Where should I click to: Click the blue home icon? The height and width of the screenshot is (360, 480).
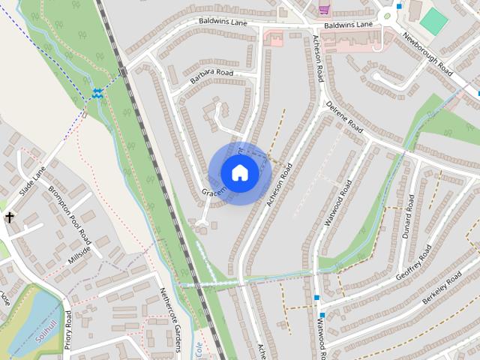(239, 173)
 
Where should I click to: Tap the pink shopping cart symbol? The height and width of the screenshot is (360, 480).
(324, 9)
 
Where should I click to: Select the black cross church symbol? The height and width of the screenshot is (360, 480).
(10, 218)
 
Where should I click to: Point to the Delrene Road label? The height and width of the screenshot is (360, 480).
(344, 118)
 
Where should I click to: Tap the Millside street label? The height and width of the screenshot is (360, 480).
(78, 254)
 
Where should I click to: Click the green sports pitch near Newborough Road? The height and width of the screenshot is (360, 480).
(433, 21)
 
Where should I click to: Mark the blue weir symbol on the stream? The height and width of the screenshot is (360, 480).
(98, 93)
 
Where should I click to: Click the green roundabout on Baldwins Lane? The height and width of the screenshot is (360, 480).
(388, 15)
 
